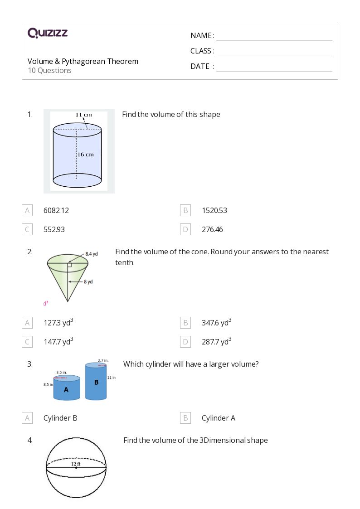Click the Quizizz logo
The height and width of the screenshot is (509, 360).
[48, 33]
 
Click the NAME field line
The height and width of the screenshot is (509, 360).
[274, 36]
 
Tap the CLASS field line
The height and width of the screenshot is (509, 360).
[274, 52]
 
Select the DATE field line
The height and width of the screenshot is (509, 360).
[274, 67]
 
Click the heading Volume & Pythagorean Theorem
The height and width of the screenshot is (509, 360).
[83, 61]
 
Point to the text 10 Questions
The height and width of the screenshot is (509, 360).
[49, 70]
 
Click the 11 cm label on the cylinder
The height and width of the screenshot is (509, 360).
[83, 115]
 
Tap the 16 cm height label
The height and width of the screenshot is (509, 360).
[85, 155]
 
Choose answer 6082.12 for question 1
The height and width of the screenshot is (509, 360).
[56, 210]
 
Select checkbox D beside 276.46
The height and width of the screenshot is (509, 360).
[185, 229]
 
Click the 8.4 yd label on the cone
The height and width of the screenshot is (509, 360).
[92, 254]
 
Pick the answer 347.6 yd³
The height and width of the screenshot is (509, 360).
[216, 323]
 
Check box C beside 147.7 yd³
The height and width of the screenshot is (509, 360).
[27, 342]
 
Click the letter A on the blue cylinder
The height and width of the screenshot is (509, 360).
[66, 389]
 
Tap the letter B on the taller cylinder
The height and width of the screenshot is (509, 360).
[96, 382]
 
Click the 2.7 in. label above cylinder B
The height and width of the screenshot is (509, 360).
[102, 360]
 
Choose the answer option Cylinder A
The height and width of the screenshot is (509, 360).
[218, 418]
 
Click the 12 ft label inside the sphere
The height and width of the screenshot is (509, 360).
[76, 464]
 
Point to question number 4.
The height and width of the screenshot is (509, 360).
[30, 440]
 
